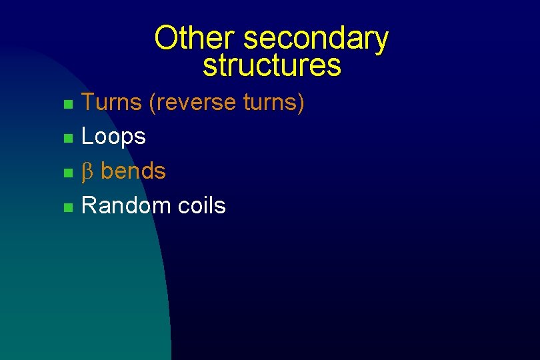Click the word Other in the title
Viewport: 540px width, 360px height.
point(196,38)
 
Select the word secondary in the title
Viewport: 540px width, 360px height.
point(315,39)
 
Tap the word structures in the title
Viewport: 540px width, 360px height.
point(271,66)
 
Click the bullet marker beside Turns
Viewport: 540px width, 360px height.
point(67,105)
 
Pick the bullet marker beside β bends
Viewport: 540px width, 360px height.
point(67,173)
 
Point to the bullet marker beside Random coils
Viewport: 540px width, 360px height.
point(67,208)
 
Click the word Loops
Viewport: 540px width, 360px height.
point(113,137)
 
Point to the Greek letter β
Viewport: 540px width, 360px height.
point(87,172)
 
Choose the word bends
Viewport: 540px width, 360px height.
point(133,171)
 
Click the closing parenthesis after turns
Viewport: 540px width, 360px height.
point(301,103)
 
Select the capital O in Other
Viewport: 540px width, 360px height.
point(165,38)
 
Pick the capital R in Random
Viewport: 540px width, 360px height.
point(88,206)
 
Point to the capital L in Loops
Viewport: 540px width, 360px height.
point(87,137)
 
